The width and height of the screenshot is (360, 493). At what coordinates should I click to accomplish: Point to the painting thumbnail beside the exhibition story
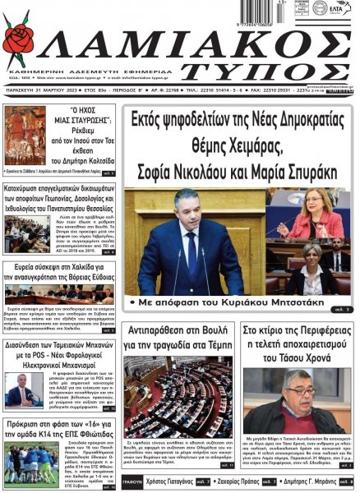click(x=24, y=134)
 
